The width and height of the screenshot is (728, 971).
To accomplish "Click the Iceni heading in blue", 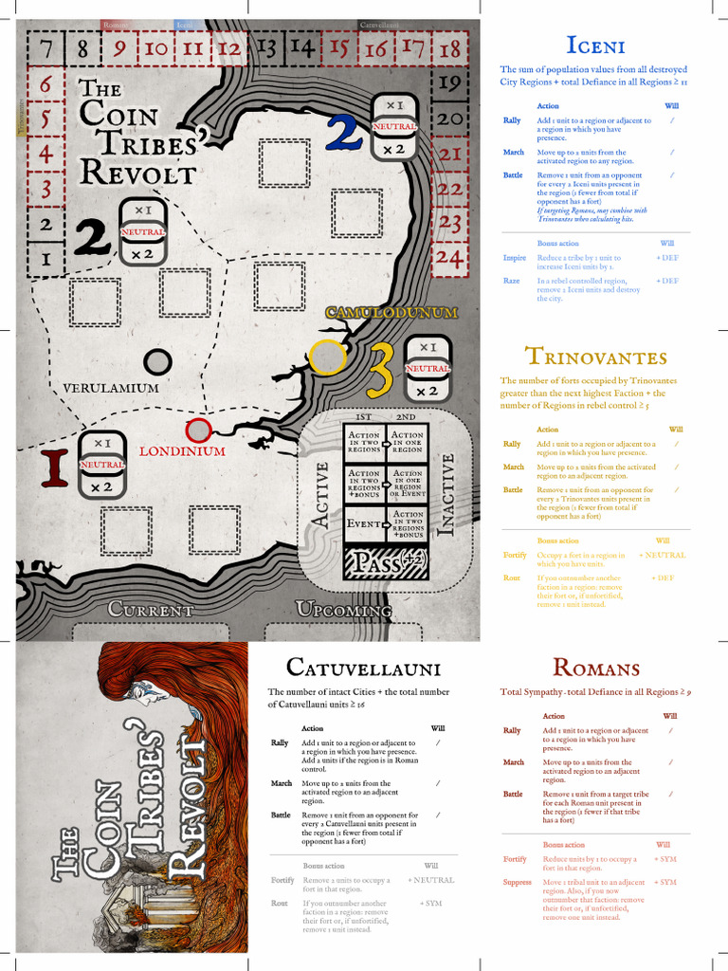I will pos(594,45).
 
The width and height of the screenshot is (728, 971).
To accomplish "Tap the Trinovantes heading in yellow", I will pos(595,357).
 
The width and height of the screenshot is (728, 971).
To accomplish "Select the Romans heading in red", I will pos(595,668).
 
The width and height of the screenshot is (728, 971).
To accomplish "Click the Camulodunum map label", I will pos(391,312).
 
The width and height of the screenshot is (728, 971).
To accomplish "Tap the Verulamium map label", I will pos(111,388).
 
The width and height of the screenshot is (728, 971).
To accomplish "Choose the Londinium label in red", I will pos(182,451).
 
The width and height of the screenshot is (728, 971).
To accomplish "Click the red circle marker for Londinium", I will pos(198,431).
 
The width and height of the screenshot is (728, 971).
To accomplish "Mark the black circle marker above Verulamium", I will pos(157,361).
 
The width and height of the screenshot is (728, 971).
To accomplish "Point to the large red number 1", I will pos(54,467).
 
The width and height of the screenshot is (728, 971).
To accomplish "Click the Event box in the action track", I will pos(363,523).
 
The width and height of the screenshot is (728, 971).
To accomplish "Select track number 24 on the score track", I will pos(449,257).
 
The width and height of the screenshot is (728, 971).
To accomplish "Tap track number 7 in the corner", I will pos(45,46).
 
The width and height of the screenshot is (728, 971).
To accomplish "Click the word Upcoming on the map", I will pos(343,609).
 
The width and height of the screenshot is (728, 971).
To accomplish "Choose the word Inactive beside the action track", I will pos(448,496).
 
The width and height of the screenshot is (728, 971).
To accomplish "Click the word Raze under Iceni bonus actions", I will pos(513,281).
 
